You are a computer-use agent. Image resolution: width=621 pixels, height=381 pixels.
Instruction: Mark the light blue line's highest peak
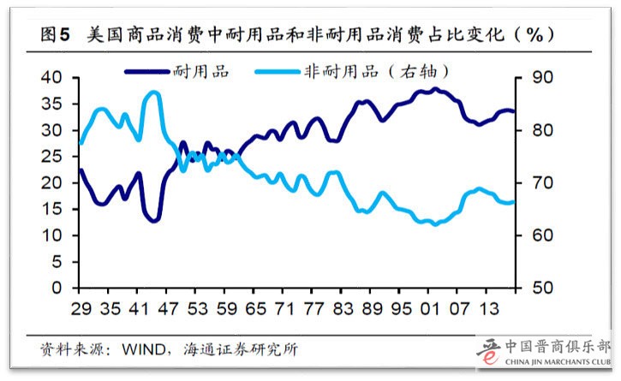(x=153, y=92)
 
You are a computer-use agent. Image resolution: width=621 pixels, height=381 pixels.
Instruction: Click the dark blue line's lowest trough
(x=153, y=221)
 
